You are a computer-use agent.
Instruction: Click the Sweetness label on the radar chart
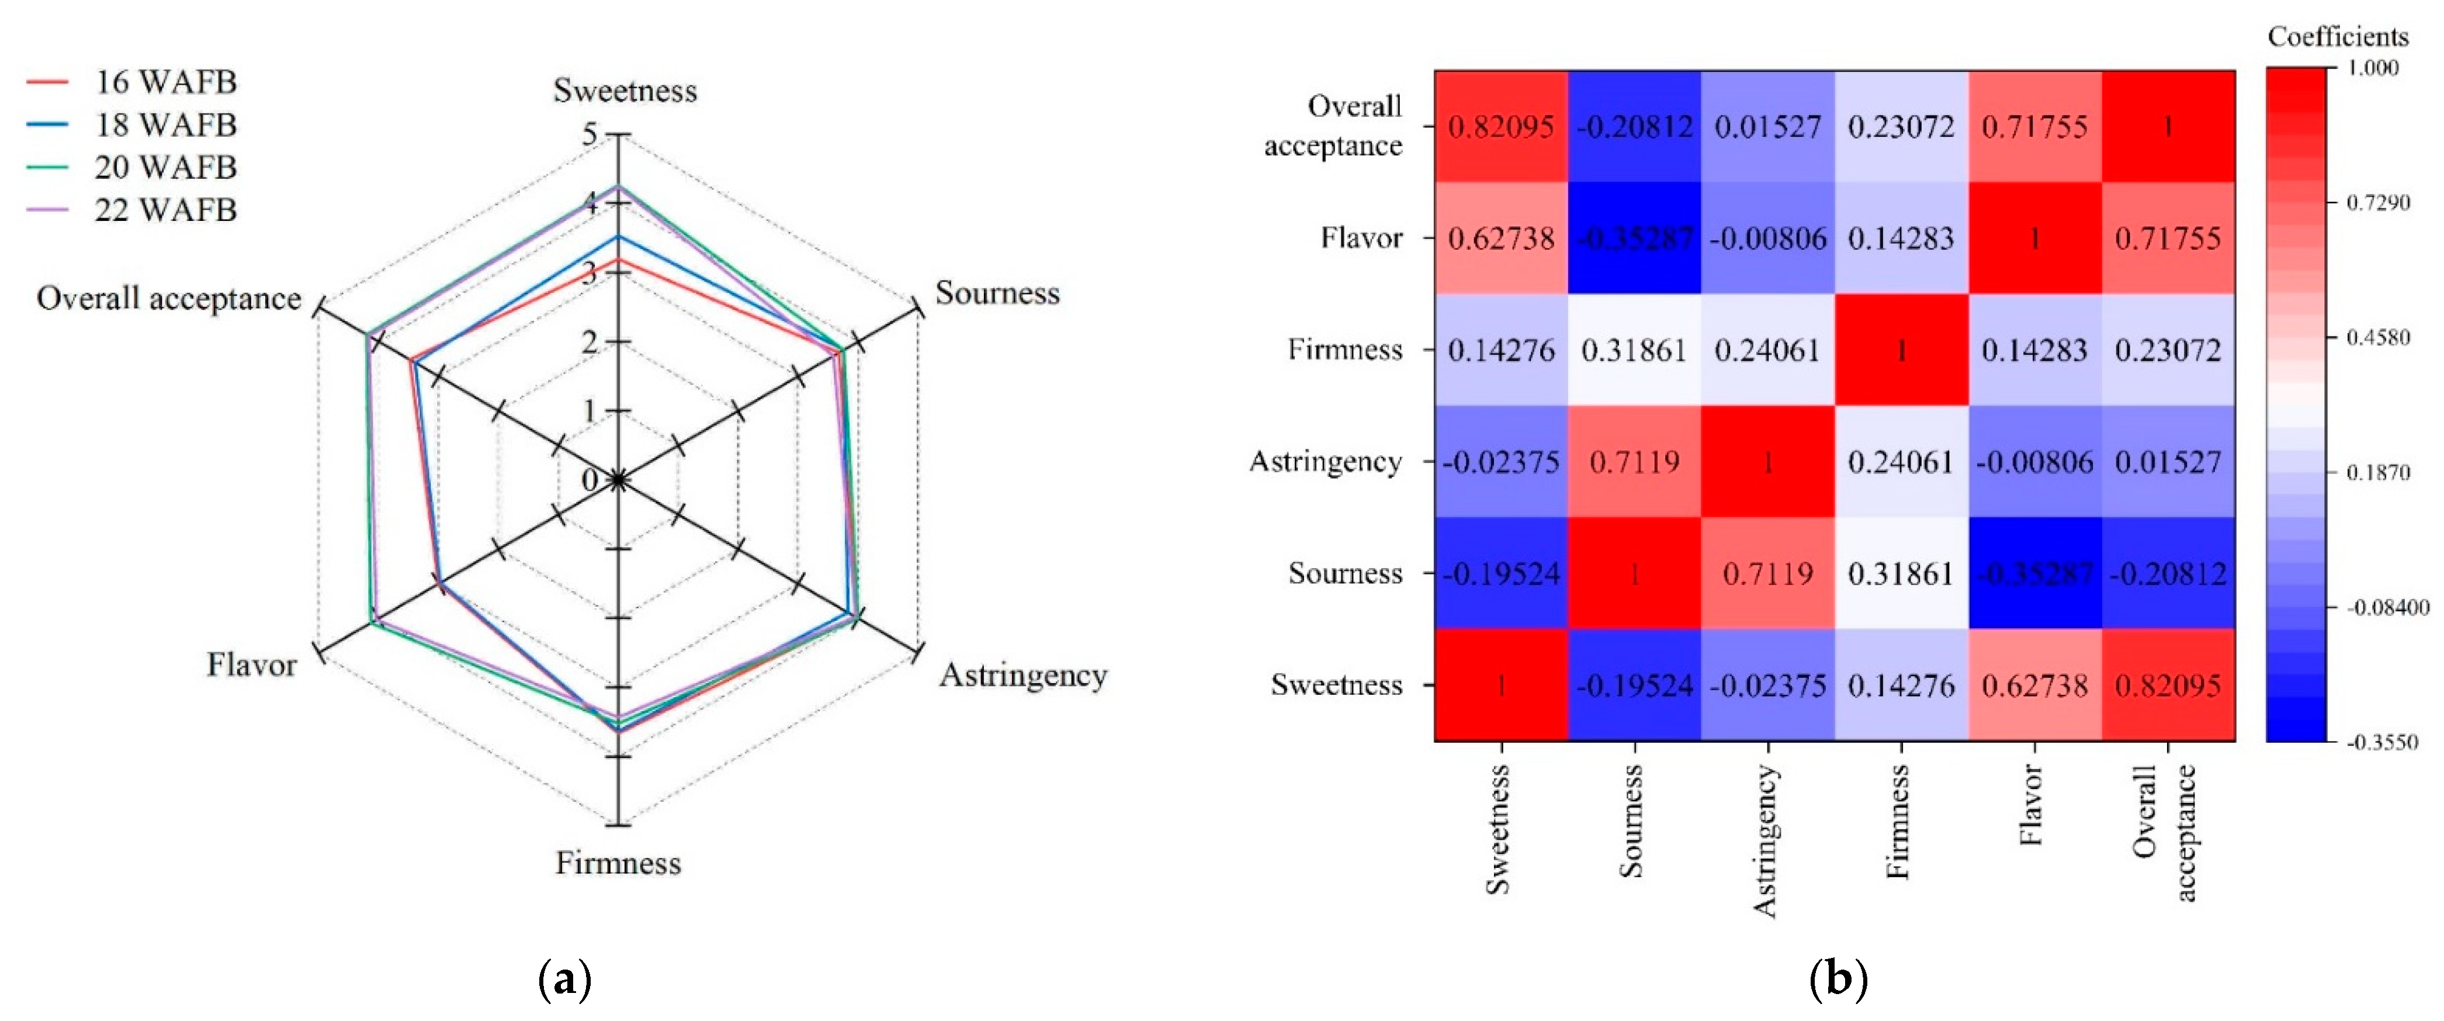tap(624, 91)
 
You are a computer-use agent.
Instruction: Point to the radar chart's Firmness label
tap(618, 863)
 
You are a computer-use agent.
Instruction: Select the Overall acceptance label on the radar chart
tap(169, 299)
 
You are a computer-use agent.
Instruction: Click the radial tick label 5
tap(590, 135)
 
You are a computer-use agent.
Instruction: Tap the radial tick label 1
tap(590, 411)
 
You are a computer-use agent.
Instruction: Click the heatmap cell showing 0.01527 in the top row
tap(1767, 126)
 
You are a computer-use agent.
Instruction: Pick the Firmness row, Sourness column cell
tap(1634, 350)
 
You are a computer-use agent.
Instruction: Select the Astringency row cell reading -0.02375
tap(1501, 462)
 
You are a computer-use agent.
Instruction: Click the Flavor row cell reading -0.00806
tap(1767, 238)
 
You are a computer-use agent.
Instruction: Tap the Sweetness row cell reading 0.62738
tap(2034, 685)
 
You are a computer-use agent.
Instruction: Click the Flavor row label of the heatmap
tap(1361, 238)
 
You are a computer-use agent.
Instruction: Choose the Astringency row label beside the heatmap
tap(1325, 462)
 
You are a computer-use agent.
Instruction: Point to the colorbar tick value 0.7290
tap(2377, 203)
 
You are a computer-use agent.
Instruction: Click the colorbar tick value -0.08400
tap(2387, 607)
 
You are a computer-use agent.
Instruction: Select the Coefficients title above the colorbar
tap(2338, 37)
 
